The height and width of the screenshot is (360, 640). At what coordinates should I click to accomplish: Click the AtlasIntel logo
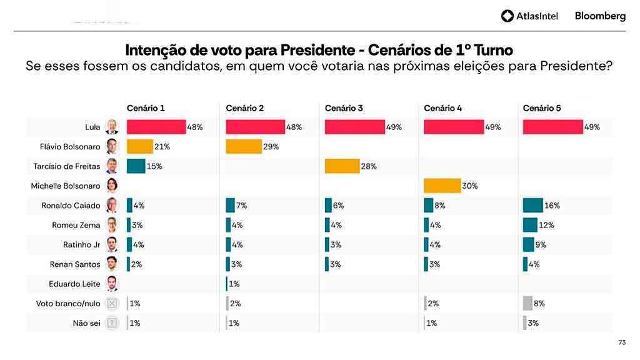(529, 16)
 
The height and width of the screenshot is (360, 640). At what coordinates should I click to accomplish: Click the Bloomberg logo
(600, 16)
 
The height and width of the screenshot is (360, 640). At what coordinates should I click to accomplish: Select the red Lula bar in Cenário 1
(156, 127)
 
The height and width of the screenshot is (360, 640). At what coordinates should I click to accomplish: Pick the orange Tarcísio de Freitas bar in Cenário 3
(342, 166)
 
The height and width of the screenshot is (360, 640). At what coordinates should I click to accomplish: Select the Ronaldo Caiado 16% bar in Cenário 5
(532, 205)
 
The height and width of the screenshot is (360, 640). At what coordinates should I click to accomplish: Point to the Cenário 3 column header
(344, 108)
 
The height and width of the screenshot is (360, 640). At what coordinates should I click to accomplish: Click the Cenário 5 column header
(542, 108)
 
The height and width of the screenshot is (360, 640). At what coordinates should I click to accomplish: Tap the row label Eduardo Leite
(74, 284)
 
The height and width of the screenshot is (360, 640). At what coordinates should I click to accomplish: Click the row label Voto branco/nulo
(68, 304)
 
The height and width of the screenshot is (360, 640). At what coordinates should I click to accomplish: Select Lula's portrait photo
(112, 127)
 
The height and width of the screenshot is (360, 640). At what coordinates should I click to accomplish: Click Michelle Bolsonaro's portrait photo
(112, 186)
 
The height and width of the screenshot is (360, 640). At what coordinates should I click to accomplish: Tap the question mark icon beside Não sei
(112, 323)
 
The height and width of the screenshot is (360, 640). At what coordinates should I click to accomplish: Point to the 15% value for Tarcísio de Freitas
(154, 166)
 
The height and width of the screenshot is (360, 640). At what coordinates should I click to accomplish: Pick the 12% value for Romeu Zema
(547, 225)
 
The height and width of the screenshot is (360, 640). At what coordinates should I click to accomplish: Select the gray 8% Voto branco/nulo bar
(527, 304)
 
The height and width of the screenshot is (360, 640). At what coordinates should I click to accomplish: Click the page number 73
(621, 342)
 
